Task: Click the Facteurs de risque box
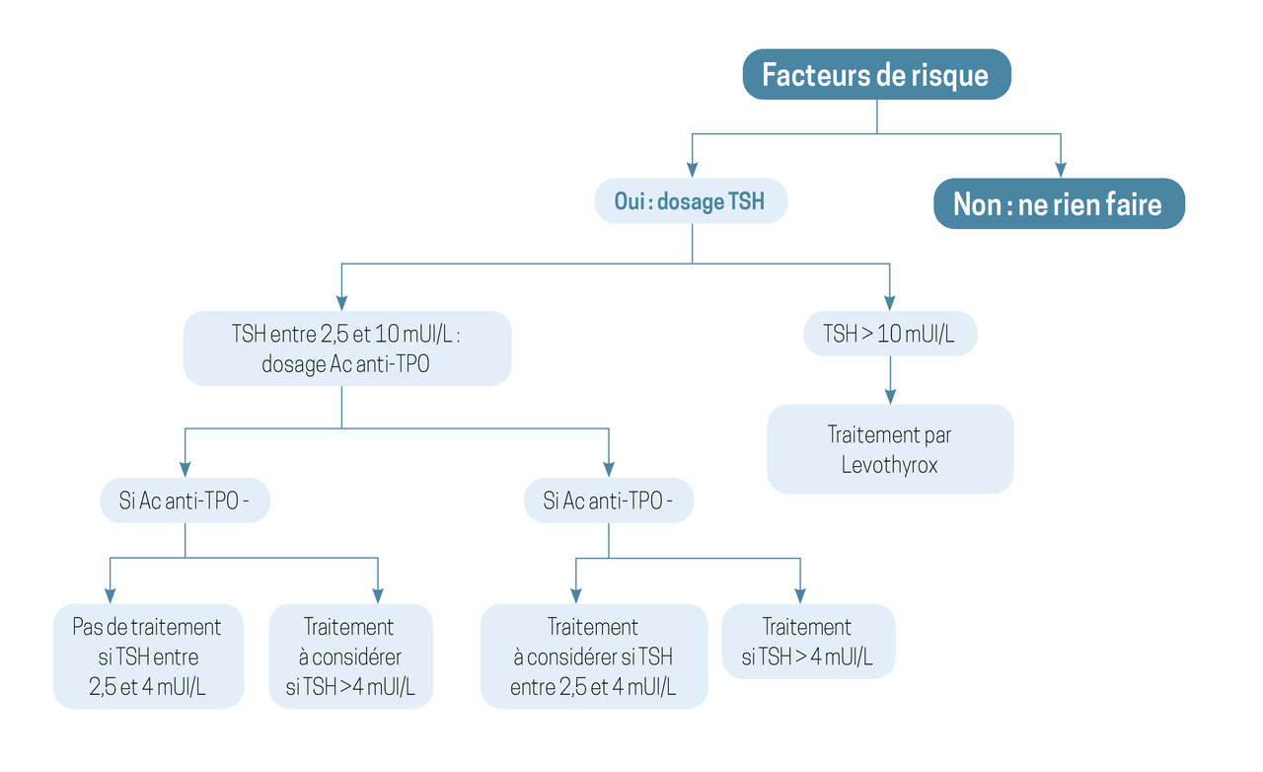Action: click(877, 74)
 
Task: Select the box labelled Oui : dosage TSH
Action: click(691, 201)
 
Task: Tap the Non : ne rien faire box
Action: click(1059, 203)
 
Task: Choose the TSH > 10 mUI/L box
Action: click(890, 334)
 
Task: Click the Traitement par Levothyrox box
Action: click(890, 449)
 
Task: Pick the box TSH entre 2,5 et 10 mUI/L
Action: click(347, 348)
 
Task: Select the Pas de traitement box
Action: click(148, 656)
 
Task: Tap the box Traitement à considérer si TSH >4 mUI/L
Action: click(350, 656)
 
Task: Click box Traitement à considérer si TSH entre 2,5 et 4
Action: click(594, 656)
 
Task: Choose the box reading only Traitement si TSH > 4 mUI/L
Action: click(808, 641)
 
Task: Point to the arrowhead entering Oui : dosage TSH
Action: click(693, 170)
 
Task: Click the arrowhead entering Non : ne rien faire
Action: click(1061, 170)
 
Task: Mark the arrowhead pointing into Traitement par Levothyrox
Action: click(890, 396)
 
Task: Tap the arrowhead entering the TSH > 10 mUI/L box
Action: click(890, 302)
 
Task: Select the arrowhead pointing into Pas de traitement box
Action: click(110, 595)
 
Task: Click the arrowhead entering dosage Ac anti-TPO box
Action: click(341, 302)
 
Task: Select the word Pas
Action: click(87, 627)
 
